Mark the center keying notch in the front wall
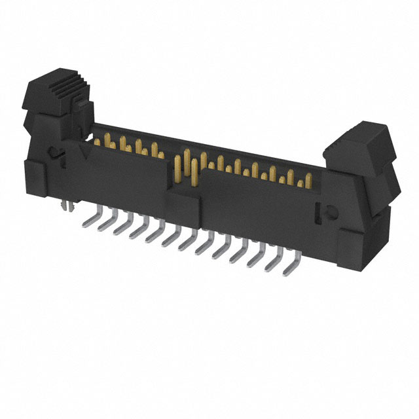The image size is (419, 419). pos(186,190)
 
